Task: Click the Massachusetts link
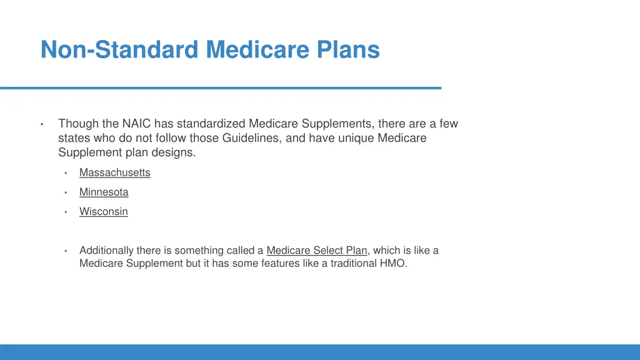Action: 114,172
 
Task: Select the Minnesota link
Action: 104,192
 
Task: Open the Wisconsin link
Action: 103,211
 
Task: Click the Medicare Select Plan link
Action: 316,250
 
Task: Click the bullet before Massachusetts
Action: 65,173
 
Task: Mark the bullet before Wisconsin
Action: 65,212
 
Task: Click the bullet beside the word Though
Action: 41,124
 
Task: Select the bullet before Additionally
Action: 65,251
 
